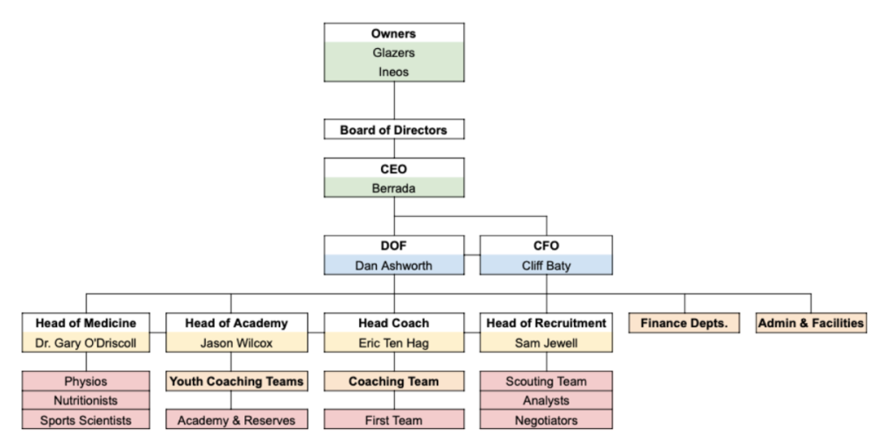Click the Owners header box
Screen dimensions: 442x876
point(393,34)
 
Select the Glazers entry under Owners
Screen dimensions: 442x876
point(393,53)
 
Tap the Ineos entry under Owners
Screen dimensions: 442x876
point(393,72)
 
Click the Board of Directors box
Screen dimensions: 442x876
point(393,130)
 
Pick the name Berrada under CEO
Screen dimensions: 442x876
point(393,187)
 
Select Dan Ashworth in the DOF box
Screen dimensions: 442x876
point(393,264)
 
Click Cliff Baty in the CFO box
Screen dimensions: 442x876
point(546,264)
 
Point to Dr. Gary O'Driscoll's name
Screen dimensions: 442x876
point(86,343)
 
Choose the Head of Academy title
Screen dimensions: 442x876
point(236,323)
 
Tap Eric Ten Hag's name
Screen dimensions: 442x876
point(393,343)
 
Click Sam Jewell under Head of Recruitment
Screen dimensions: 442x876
point(546,343)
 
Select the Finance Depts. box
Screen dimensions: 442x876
point(684,323)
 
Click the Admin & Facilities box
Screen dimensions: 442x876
point(810,323)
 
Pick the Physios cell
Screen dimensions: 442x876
point(86,382)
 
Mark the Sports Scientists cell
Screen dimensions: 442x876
point(86,420)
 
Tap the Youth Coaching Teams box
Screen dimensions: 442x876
point(236,382)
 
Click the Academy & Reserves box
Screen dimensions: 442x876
point(236,420)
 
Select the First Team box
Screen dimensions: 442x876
point(393,420)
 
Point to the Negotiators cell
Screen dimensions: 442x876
point(546,420)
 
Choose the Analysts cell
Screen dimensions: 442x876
point(546,401)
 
